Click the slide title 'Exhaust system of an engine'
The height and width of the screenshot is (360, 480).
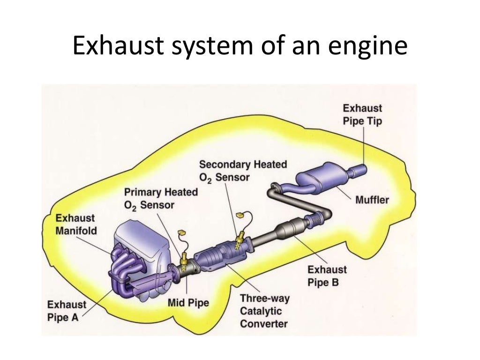(240, 48)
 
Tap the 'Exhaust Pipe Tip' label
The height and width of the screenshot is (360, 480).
(362, 115)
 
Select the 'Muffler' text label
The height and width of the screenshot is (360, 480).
(372, 200)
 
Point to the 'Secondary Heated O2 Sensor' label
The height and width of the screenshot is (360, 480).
(243, 171)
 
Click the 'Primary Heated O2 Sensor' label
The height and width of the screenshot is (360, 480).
(161, 198)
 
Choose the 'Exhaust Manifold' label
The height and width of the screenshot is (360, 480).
(75, 224)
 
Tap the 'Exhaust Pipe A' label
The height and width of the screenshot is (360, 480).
(67, 311)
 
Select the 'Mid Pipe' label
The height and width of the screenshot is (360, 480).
(188, 303)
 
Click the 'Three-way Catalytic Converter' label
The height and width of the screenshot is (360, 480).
(265, 311)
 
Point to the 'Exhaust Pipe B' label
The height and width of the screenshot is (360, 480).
(327, 276)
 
